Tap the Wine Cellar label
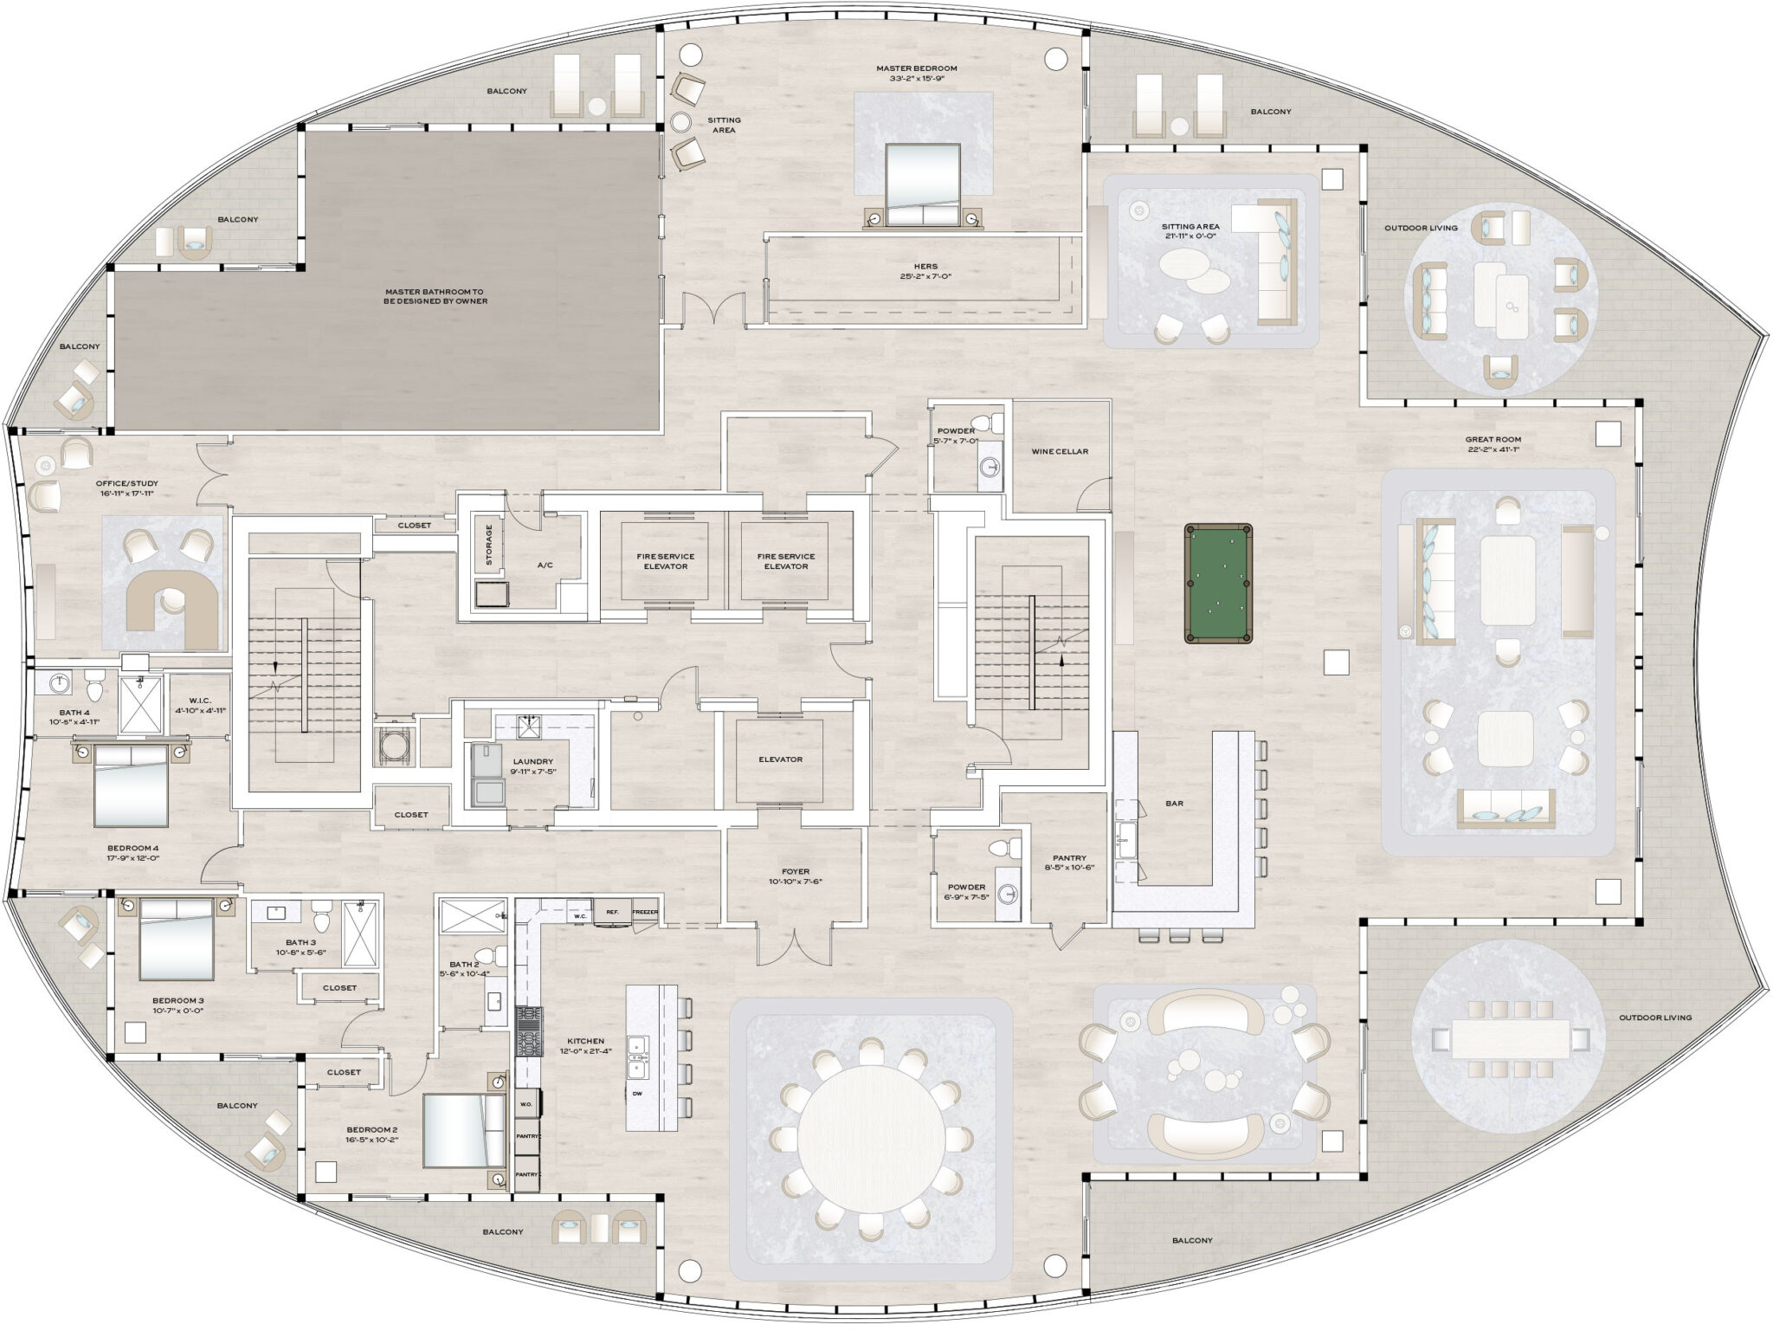tap(1060, 451)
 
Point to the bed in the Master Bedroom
tap(923, 183)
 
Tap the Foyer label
tap(796, 872)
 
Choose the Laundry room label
tap(532, 762)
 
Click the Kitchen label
tap(585, 1041)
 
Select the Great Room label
tap(1494, 439)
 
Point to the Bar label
tap(1174, 804)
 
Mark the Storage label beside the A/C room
tap(489, 545)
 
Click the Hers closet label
tap(925, 267)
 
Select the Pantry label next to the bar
tap(1063, 858)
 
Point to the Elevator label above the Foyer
tap(780, 759)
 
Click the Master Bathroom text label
tap(436, 296)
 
